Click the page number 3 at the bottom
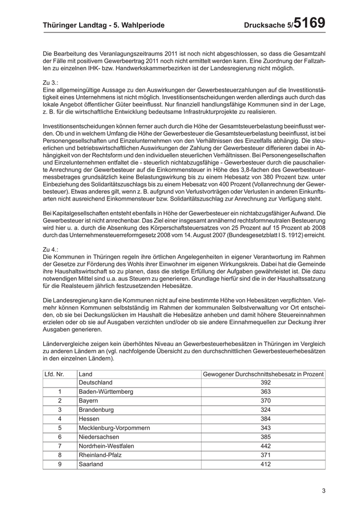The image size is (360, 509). tap(323, 490)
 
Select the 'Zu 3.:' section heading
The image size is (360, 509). tap(51, 82)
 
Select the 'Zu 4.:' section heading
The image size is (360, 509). tap(51, 248)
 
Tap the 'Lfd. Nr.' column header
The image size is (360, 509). tap(55, 374)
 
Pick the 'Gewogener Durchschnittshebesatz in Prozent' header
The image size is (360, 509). tap(263, 374)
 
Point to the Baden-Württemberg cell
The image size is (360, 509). tap(105, 392)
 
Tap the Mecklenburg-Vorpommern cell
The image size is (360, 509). tap(114, 428)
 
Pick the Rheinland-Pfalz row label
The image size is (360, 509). tap(99, 455)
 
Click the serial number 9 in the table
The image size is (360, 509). tap(60, 464)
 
